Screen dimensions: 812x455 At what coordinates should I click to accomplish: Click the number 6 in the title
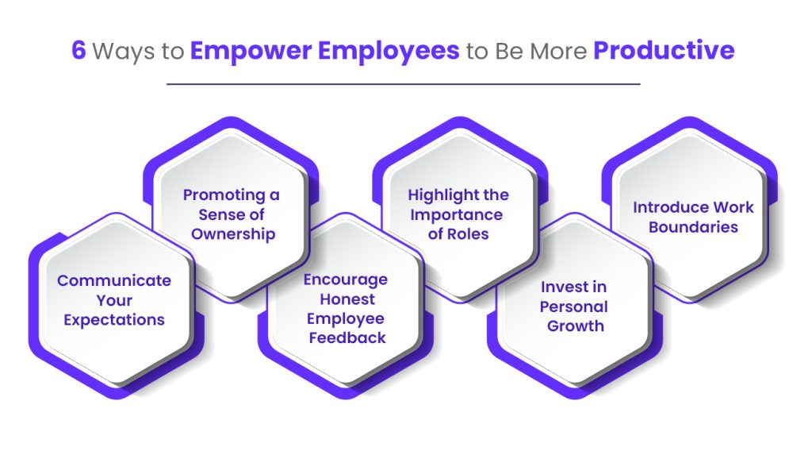pos(79,50)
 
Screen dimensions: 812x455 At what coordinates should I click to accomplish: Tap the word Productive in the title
pos(664,50)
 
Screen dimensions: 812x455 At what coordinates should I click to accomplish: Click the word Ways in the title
pos(123,52)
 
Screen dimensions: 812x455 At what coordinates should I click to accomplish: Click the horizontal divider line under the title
pos(403,83)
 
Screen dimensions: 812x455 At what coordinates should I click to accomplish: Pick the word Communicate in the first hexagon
pos(114,280)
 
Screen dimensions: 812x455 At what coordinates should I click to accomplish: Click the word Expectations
pos(114,320)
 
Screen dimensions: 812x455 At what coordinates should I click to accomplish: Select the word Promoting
pos(224,195)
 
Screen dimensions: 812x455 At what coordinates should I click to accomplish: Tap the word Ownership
pos(233,234)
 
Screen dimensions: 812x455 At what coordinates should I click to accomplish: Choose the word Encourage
pos(346,280)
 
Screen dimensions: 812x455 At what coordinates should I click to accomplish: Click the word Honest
pos(347,299)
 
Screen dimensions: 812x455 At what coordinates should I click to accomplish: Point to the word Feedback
pos(347,338)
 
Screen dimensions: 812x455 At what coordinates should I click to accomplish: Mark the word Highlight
pos(443,195)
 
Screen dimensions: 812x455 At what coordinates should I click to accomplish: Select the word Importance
pos(456,215)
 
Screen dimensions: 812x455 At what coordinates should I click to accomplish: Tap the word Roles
pos(468,234)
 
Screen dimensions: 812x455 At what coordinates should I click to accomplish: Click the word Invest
pos(559,287)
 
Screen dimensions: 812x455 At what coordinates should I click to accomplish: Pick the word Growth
pos(576,326)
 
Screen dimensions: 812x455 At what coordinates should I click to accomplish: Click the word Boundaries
pos(693,227)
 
